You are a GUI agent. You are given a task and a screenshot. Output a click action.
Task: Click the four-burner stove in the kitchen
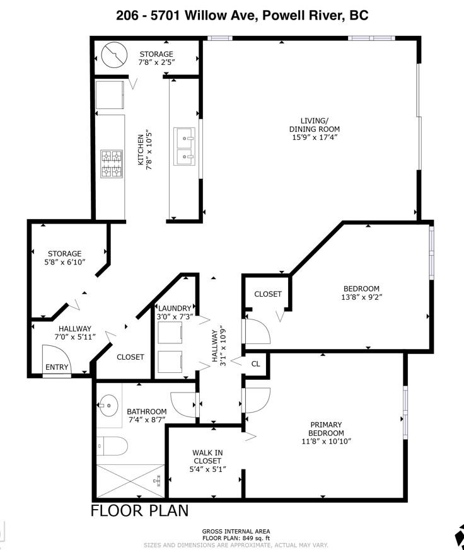(x=112, y=164)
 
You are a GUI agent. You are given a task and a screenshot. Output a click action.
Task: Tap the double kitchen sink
(x=184, y=146)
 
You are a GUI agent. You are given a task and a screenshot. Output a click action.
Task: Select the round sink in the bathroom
(x=109, y=406)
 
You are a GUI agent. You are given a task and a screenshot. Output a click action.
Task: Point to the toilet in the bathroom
(x=112, y=446)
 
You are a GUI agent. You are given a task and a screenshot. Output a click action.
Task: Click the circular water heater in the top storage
(x=113, y=55)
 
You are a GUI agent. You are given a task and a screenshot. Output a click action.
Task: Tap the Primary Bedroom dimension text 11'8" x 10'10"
(x=327, y=441)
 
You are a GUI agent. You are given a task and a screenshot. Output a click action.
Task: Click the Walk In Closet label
(x=207, y=457)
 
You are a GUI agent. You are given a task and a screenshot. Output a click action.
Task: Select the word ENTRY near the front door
(x=57, y=367)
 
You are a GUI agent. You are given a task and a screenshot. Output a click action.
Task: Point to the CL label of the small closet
(x=256, y=364)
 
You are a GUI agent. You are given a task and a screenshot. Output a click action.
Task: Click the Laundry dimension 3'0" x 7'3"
(x=175, y=316)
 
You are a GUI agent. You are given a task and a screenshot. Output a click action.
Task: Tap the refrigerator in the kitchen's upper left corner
(x=110, y=95)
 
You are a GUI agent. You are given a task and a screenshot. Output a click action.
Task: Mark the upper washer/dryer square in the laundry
(x=170, y=333)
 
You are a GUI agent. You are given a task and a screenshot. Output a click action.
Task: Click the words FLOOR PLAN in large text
(x=140, y=510)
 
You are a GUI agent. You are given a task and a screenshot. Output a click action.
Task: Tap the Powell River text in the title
(x=303, y=15)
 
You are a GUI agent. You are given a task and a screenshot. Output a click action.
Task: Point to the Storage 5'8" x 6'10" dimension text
(x=65, y=262)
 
